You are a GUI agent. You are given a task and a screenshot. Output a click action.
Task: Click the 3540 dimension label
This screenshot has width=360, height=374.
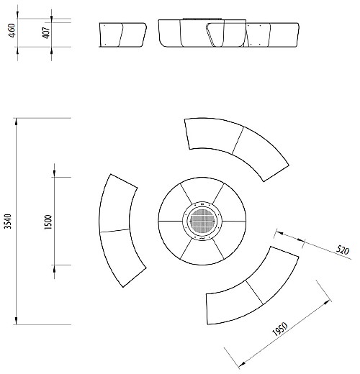point(8,222)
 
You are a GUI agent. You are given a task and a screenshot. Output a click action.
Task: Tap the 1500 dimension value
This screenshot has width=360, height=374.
point(48,222)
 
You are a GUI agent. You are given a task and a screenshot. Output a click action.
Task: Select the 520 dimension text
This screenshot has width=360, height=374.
point(343,250)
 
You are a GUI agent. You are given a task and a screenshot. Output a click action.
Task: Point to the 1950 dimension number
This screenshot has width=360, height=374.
point(280,329)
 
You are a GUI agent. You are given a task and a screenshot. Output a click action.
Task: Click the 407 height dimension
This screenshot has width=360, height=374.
point(46,32)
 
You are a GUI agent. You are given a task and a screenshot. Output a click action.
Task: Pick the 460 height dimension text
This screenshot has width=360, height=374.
point(12,30)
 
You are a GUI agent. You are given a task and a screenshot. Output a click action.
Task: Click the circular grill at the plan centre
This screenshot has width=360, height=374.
point(202,221)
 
